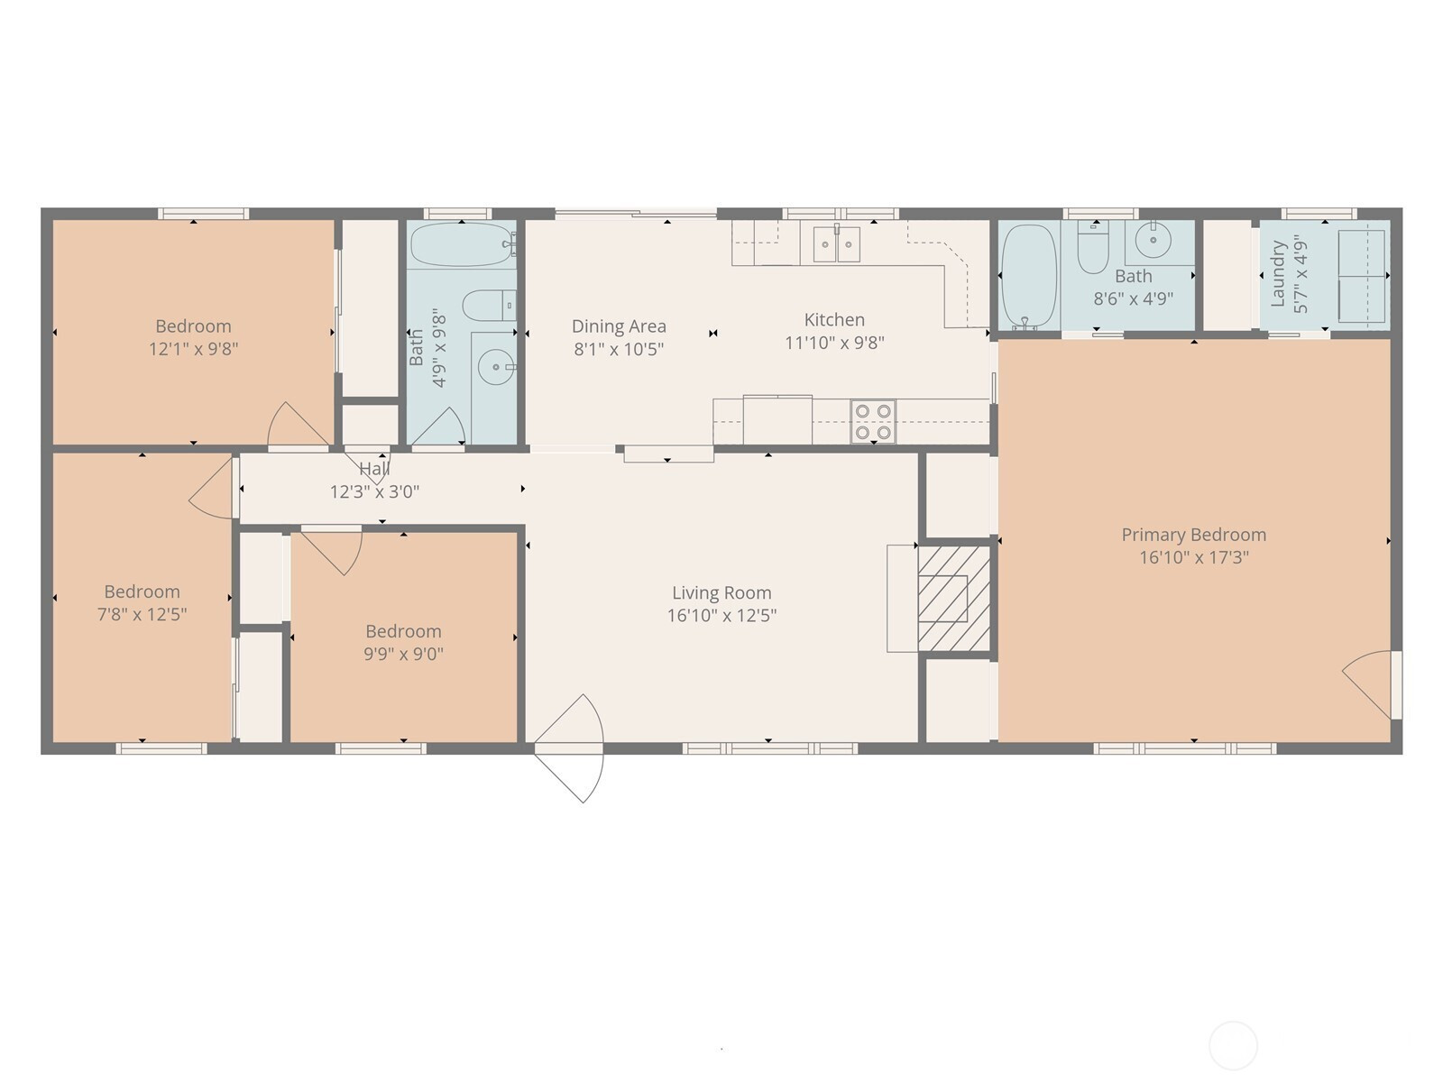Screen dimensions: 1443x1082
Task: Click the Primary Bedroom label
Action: (1193, 535)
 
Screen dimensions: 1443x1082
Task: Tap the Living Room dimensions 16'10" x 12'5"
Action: (721, 616)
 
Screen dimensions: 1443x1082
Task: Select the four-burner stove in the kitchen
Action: (873, 421)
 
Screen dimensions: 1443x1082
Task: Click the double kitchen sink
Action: (837, 243)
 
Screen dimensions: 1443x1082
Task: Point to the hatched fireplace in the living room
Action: (954, 598)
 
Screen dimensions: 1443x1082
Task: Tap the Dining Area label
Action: (619, 326)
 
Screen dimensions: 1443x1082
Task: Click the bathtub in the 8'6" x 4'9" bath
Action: (1028, 276)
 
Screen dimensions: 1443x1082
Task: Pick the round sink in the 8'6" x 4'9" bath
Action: (1153, 240)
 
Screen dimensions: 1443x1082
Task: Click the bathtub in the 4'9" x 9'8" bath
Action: (463, 244)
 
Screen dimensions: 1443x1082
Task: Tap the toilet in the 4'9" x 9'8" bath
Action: (489, 306)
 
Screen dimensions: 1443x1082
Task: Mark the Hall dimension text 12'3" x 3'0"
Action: (374, 492)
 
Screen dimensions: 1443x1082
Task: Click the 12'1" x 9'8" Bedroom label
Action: (193, 326)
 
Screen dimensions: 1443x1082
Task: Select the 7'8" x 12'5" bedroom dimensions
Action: (142, 614)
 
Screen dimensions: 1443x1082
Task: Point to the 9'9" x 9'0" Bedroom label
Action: (404, 631)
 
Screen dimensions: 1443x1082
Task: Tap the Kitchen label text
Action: (834, 320)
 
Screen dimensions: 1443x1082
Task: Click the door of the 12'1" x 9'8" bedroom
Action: (298, 426)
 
